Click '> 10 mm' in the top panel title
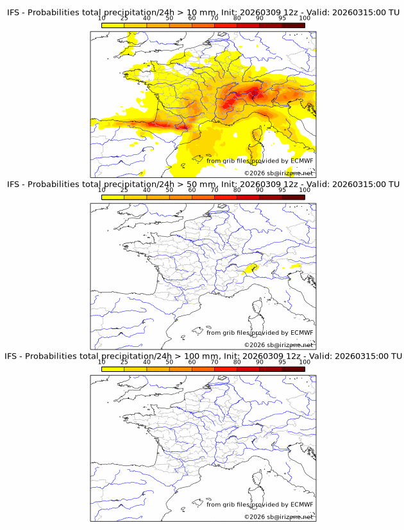(x=196, y=13)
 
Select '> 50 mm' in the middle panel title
(x=196, y=184)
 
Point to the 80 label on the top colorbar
(x=237, y=19)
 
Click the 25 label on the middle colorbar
(x=124, y=190)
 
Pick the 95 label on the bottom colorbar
(x=282, y=362)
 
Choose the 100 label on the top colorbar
(x=305, y=19)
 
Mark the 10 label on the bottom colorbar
(x=102, y=362)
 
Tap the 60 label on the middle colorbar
(x=192, y=190)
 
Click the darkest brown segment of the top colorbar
(x=293, y=25)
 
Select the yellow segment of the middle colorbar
(x=113, y=197)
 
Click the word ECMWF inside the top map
(x=301, y=161)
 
